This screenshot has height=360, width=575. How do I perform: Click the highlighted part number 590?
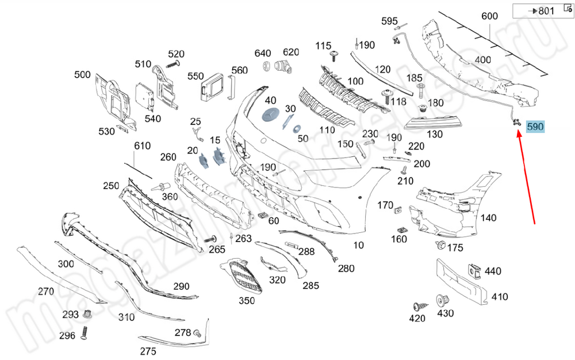point(534,127)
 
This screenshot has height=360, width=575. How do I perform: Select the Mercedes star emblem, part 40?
point(270,114)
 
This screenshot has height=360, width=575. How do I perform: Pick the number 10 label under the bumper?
point(358,245)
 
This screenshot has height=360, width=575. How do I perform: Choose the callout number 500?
point(83,75)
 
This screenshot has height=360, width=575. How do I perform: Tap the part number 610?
point(142,146)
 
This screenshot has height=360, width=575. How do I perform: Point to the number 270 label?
point(46,291)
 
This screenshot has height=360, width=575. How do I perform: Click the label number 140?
point(488,217)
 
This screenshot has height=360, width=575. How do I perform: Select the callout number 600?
point(489,17)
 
